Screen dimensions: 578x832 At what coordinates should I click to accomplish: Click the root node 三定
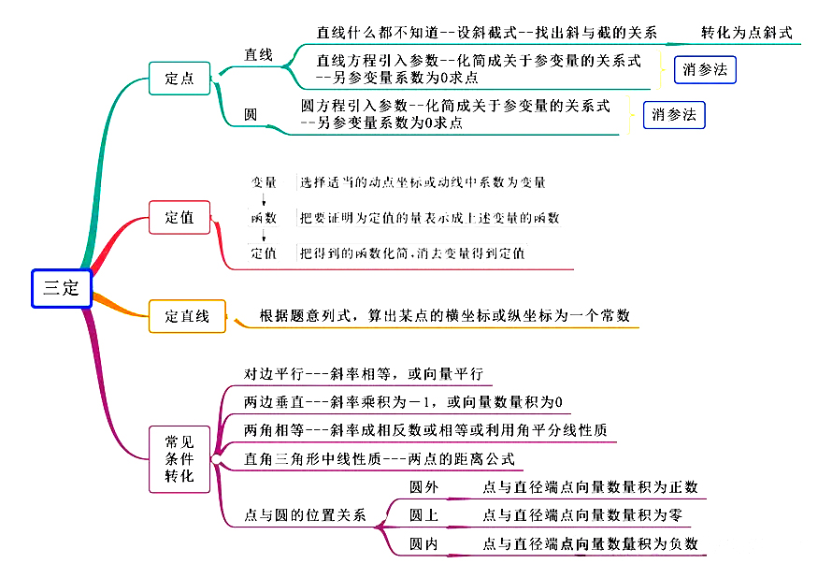(x=61, y=287)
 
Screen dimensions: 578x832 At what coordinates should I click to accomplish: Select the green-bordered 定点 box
(x=179, y=79)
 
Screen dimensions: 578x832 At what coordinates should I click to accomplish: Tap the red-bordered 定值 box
(x=179, y=218)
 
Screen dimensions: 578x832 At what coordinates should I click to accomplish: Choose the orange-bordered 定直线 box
(x=187, y=316)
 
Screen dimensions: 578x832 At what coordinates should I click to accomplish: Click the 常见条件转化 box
(x=179, y=458)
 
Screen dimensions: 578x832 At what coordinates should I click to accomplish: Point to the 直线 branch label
(x=258, y=55)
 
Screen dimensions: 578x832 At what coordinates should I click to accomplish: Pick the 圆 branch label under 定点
(x=251, y=115)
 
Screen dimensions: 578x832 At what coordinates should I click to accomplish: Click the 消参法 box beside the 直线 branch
(x=705, y=69)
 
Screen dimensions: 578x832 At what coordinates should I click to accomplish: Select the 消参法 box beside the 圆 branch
(x=674, y=115)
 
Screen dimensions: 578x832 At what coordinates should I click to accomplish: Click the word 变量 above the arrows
(x=264, y=181)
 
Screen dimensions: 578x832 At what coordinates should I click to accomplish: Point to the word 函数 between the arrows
(x=264, y=218)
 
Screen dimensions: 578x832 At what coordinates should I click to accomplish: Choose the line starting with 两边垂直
(x=403, y=403)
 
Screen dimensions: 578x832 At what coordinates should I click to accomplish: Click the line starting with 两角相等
(x=425, y=431)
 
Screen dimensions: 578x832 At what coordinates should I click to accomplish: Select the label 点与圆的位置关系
(x=305, y=516)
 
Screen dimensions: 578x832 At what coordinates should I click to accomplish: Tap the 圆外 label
(x=423, y=487)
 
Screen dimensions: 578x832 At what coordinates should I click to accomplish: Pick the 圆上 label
(x=423, y=515)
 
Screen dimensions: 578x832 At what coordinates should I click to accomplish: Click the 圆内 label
(x=423, y=543)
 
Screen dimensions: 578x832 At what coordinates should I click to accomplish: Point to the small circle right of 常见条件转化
(x=216, y=459)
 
